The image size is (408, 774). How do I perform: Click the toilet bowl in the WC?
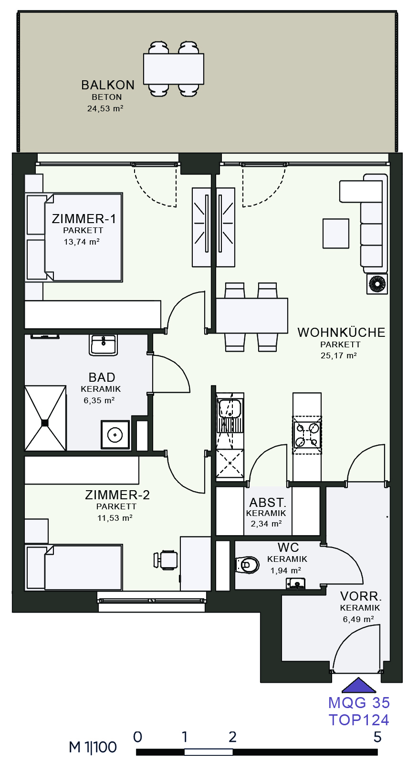click(x=248, y=565)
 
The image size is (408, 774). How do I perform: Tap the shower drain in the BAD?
click(x=45, y=422)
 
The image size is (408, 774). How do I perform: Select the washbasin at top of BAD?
click(x=103, y=344)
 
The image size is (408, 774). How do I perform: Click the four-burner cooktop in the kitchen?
click(x=307, y=435)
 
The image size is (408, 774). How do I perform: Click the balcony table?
click(x=174, y=69)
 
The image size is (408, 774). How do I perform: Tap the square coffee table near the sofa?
click(x=336, y=233)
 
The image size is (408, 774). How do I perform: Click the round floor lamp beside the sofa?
click(x=377, y=284)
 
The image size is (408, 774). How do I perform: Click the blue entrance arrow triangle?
click(x=359, y=685)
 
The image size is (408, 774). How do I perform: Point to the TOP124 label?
click(x=359, y=720)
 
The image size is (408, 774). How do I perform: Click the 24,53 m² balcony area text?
click(x=105, y=108)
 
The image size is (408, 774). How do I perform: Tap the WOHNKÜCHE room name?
click(x=341, y=332)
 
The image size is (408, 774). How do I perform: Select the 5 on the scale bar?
click(x=377, y=737)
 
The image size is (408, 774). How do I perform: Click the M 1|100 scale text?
click(x=93, y=747)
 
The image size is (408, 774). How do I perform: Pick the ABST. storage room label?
click(x=268, y=503)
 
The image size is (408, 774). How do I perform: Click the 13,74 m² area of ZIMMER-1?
click(x=82, y=242)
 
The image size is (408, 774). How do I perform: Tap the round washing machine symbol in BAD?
click(x=115, y=435)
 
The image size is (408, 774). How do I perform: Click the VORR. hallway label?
click(x=361, y=596)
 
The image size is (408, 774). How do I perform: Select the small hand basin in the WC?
click(x=296, y=583)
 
